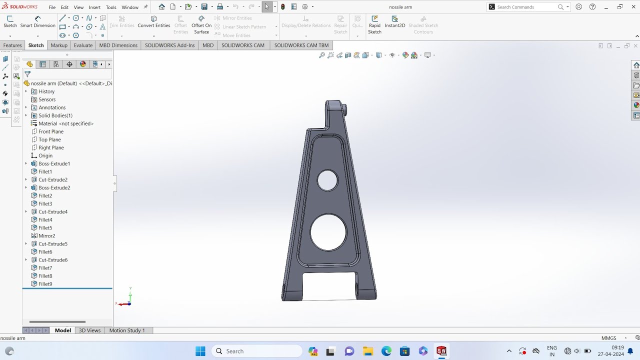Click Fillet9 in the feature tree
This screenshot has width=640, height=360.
coord(45,284)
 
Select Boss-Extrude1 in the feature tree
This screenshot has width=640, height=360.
coord(54,163)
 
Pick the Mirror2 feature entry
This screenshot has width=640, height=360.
coord(46,236)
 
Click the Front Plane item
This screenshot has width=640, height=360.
coord(51,131)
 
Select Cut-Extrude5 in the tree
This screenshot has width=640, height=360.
coord(53,244)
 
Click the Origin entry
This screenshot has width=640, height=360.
coord(45,155)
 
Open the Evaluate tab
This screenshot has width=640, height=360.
coord(83,45)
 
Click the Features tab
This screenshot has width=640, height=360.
coord(12,45)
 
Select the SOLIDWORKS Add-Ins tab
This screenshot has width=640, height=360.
coord(169,45)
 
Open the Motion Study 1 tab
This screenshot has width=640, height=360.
coord(127,330)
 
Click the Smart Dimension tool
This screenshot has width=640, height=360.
coord(37,22)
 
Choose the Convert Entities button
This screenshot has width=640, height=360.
coord(154,22)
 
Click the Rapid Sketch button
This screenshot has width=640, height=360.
coord(374,25)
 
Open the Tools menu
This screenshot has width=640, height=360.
coord(111,7)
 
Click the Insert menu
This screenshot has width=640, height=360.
coord(94,7)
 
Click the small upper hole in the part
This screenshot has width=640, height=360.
coord(327,180)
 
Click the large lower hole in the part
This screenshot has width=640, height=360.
coord(328,232)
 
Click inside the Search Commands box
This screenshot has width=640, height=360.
coord(525,7)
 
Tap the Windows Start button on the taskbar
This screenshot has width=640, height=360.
coord(200,351)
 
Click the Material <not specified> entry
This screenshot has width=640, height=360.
coord(66,123)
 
